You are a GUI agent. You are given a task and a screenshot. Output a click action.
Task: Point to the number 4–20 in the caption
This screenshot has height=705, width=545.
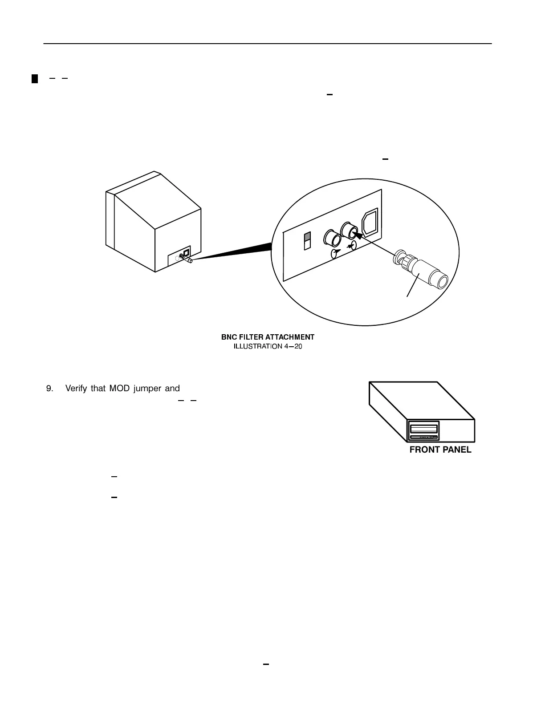pos(293,346)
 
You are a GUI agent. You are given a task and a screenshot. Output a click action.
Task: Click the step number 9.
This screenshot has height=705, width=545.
pos(49,388)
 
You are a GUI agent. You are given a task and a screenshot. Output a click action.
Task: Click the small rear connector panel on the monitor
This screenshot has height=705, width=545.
pos(179,256)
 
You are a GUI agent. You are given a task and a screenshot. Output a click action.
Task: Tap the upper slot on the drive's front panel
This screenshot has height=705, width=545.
pos(423,429)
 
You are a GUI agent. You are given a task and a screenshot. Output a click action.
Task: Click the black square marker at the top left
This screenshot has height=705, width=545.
pos(34,80)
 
